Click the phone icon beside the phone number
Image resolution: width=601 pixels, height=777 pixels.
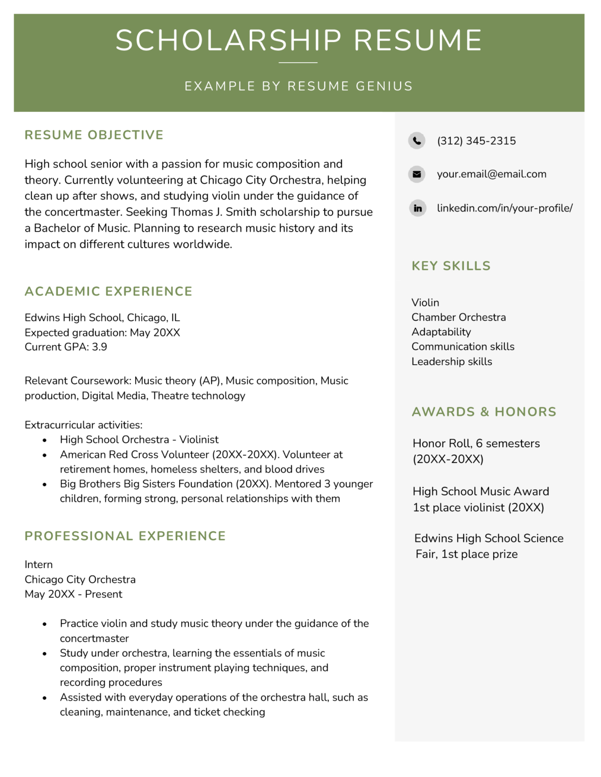point(417,141)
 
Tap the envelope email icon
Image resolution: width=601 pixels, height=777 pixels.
point(417,174)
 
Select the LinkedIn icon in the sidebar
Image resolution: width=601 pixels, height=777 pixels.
point(418,208)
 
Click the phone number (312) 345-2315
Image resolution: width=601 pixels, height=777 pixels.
point(476,141)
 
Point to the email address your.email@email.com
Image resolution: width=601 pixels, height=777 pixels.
point(491,174)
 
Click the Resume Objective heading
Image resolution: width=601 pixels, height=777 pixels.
point(94,135)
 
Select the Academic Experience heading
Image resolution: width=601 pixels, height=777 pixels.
point(108,291)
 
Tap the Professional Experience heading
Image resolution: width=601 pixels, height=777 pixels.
point(125,536)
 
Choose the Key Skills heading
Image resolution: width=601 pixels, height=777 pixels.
point(451,266)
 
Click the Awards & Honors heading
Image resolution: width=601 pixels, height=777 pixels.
point(484,412)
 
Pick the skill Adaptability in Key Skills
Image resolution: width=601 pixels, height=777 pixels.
point(441,332)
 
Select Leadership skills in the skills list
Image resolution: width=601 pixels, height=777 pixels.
point(452,362)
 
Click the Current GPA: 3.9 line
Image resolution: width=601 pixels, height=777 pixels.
point(66,347)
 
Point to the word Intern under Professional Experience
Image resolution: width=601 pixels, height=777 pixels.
point(38,565)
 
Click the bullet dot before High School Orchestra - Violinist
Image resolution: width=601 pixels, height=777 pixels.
point(45,441)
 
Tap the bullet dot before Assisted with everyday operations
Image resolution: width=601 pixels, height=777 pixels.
point(45,698)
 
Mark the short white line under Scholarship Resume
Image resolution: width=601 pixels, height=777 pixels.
point(298,63)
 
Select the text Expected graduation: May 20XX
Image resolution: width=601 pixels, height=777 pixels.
point(102,332)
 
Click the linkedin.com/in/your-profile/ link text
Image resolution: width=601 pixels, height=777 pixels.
point(504,208)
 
